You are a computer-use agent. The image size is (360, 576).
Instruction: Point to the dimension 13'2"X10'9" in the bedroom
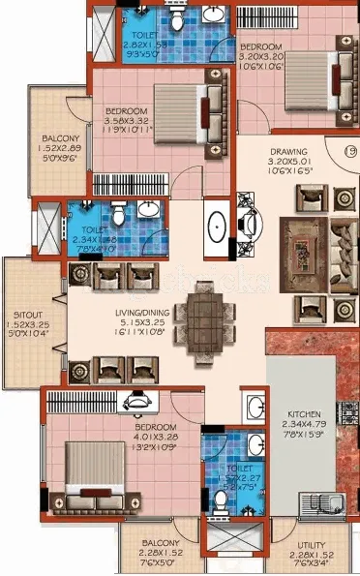[156, 447]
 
